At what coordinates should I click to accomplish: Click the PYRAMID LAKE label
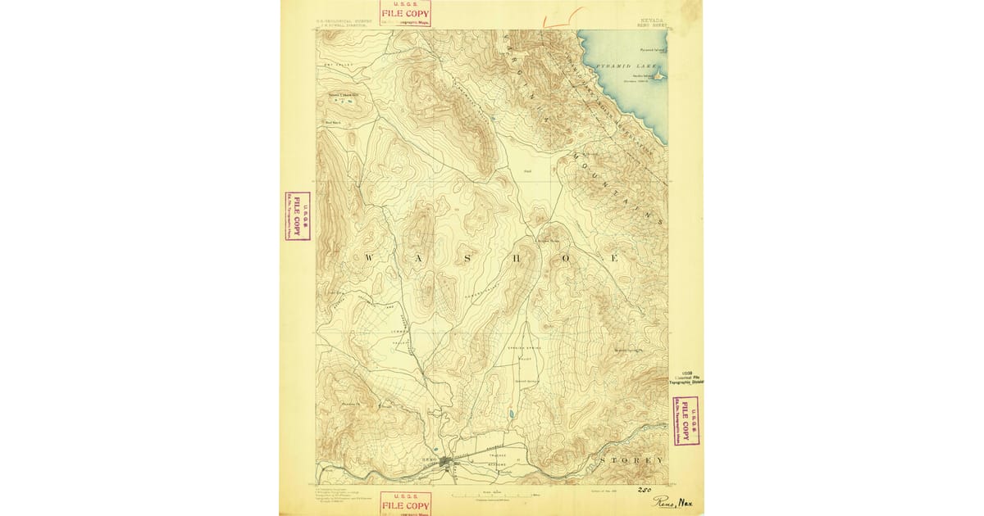622,65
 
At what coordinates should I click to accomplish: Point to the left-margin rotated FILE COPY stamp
297,216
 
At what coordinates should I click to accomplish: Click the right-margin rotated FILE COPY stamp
685,420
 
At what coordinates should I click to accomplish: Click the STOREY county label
631,460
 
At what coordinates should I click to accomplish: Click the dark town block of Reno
445,464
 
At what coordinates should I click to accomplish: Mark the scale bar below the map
492,494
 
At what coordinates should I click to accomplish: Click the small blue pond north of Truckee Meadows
510,414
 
